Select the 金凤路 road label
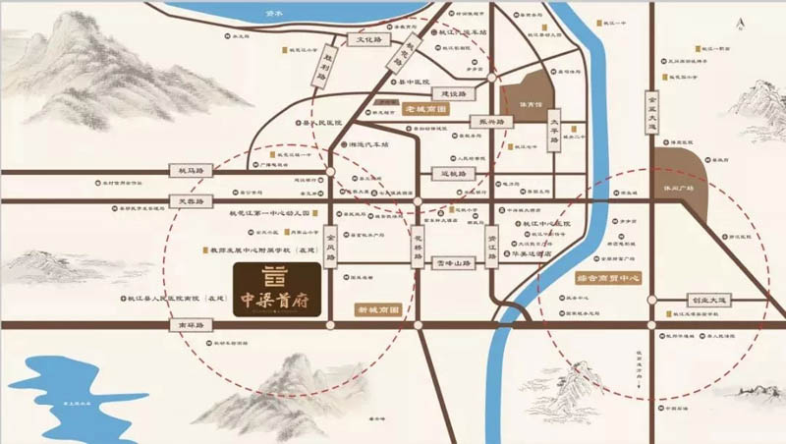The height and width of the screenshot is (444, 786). tap(330, 246)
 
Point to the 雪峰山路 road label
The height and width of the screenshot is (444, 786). tap(455, 262)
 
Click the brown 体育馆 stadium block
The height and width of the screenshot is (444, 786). tap(522, 99)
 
